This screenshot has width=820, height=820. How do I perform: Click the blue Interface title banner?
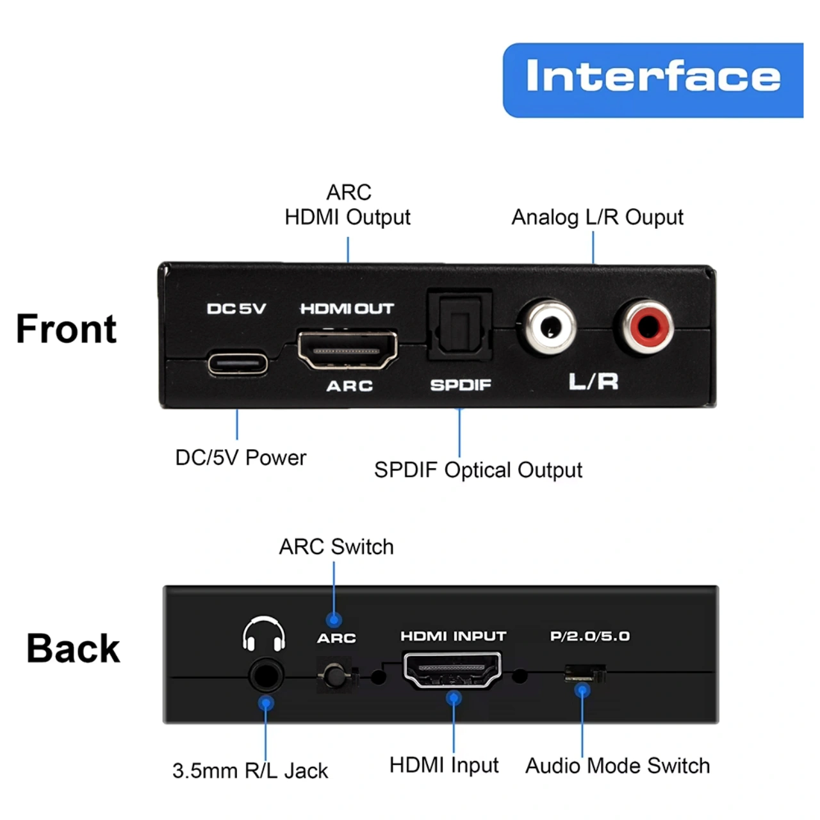tap(652, 80)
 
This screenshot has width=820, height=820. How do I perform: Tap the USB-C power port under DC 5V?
tap(238, 364)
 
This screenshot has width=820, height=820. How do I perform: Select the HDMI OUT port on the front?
tap(348, 349)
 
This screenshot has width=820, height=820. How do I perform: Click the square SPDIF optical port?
tap(460, 325)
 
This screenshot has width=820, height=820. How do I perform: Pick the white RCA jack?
tap(549, 327)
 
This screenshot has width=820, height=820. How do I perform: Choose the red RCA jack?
tap(646, 327)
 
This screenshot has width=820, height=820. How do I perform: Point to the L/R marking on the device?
tap(593, 381)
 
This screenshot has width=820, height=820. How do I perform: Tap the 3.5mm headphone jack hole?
tap(265, 675)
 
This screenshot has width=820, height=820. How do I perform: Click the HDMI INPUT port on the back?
tap(452, 670)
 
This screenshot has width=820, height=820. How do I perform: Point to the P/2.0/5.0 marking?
tap(590, 637)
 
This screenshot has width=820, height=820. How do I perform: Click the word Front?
tap(67, 329)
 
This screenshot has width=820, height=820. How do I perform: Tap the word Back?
tap(73, 648)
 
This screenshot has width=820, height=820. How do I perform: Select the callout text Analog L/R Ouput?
tap(598, 218)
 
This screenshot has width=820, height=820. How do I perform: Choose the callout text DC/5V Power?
tap(241, 458)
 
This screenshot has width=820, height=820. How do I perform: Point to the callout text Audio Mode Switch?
tap(618, 766)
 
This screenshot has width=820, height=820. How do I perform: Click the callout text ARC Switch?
tap(336, 547)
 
